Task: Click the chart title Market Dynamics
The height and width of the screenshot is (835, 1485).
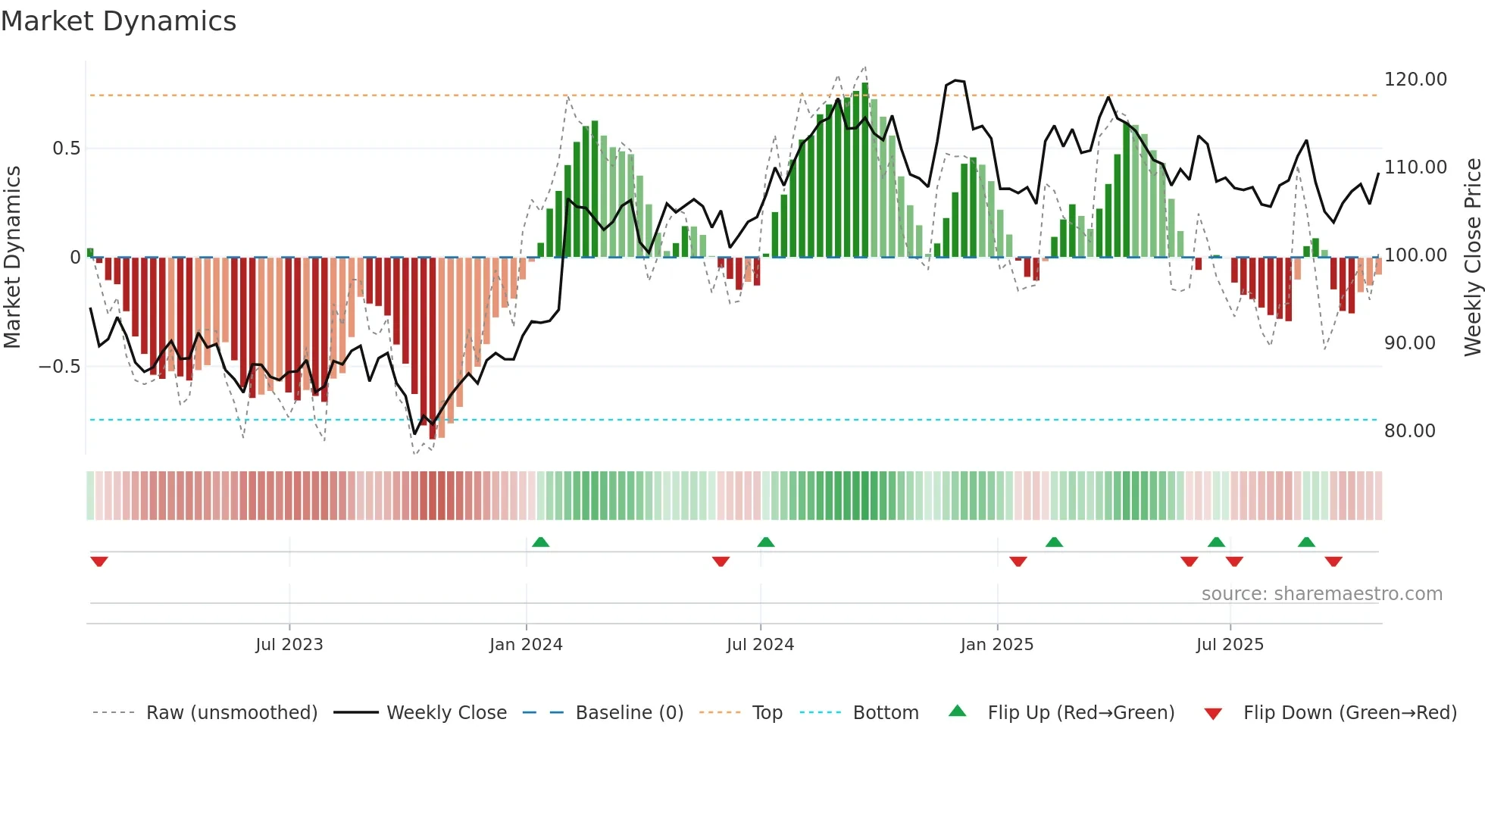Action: [119, 21]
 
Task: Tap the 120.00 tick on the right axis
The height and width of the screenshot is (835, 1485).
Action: [1415, 80]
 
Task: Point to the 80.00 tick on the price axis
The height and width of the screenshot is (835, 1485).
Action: [1409, 431]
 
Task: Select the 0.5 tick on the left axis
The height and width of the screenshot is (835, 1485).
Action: [66, 149]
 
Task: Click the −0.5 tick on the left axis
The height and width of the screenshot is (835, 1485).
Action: [59, 367]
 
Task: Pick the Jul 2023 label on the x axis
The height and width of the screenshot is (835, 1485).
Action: [289, 645]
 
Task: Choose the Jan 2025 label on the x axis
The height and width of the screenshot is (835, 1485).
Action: [996, 645]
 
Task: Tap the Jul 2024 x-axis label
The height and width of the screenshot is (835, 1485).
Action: [760, 645]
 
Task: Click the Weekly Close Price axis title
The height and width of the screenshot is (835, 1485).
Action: [1472, 257]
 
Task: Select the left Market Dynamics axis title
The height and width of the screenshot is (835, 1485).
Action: [12, 257]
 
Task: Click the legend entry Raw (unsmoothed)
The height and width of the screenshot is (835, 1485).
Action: [231, 713]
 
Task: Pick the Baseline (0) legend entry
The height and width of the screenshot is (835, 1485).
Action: [629, 713]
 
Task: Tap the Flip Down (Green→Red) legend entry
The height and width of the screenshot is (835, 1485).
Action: [1349, 713]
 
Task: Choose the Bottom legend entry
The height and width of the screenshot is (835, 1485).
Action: [885, 713]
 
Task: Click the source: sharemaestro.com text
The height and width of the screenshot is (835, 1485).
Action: [1321, 594]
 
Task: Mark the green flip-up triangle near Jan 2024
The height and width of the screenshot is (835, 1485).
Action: [540, 542]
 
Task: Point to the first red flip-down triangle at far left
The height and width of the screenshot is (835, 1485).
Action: [98, 561]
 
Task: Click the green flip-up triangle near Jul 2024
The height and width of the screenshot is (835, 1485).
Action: [765, 542]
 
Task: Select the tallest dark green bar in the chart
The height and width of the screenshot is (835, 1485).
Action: [865, 170]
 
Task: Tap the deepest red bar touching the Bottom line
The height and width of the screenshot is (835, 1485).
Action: [432, 349]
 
